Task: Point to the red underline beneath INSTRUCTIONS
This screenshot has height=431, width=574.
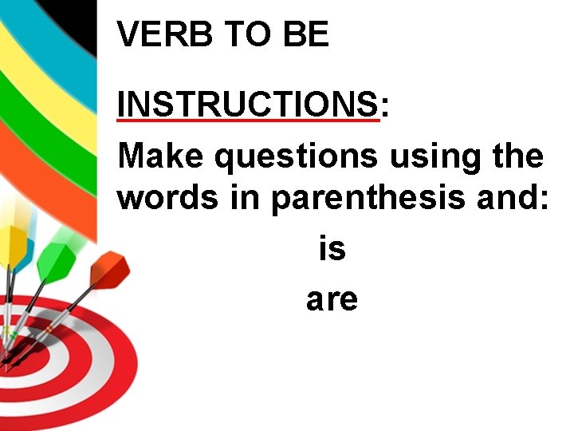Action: coord(247,121)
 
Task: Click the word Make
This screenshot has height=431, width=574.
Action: coord(162,156)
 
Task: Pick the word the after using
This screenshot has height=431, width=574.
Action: coord(518,156)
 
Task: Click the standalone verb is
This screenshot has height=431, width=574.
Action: coord(332,249)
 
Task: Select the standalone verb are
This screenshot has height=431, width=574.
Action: coord(332,300)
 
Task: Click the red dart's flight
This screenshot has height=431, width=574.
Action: coord(109,270)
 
